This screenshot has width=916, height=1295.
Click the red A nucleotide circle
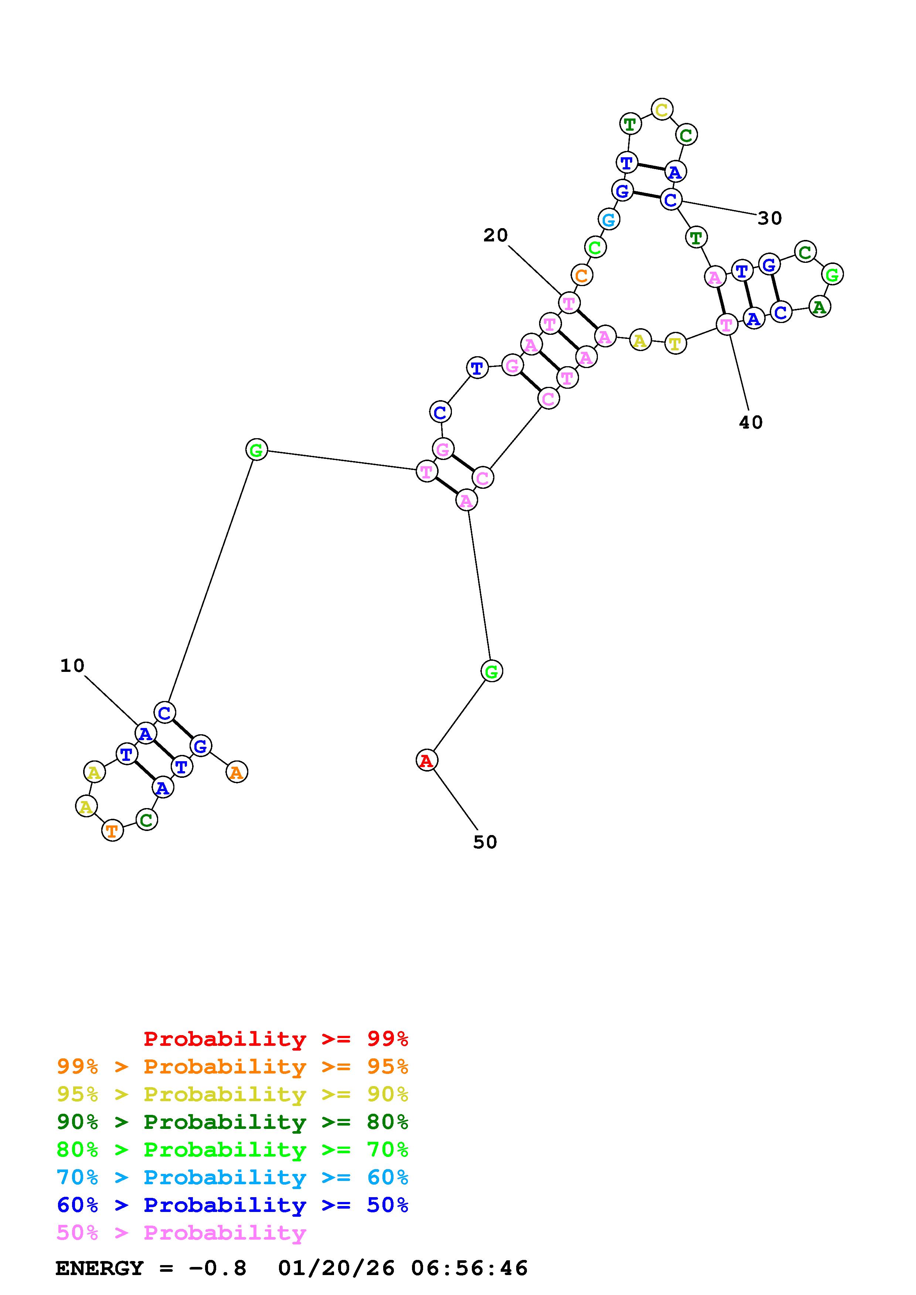(426, 760)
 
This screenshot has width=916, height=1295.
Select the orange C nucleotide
(581, 275)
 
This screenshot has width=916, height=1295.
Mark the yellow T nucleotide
(675, 343)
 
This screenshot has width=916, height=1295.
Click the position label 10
(72, 666)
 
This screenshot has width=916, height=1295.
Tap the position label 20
(495, 235)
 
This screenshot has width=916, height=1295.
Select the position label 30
(769, 218)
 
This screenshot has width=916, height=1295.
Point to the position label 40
(750, 422)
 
